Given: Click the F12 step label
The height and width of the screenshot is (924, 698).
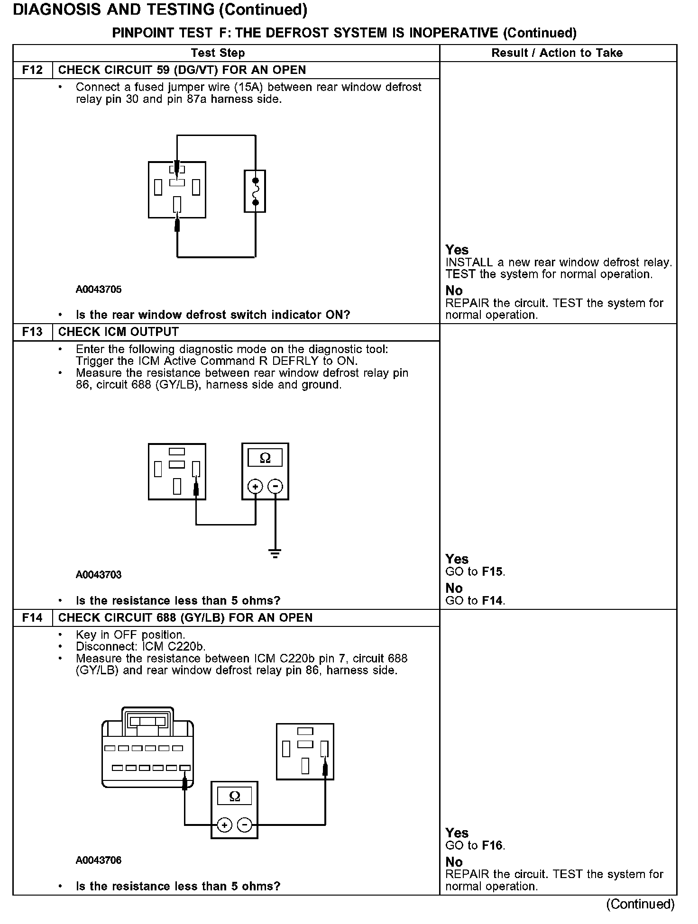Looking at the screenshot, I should pos(32,70).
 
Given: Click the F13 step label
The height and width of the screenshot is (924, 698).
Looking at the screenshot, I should pos(32,332).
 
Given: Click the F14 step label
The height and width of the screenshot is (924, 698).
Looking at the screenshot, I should pos(32,618).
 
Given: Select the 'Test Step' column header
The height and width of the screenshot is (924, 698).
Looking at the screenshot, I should pos(218,53).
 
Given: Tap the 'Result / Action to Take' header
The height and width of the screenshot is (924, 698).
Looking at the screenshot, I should pos(557,53).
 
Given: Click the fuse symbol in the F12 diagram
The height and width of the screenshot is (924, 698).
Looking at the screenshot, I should pos(255,191).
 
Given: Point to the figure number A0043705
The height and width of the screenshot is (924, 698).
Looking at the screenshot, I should pos(99,290).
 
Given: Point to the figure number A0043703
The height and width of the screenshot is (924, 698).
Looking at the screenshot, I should pos(99,575).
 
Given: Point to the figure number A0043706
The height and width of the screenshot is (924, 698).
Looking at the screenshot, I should pos(99,861).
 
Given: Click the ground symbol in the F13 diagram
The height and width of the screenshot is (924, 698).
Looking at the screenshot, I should pos(275,553).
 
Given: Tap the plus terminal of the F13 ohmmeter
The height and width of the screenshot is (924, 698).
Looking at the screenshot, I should pos(255,487).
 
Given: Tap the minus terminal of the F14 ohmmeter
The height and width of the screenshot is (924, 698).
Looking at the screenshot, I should pos(245,825).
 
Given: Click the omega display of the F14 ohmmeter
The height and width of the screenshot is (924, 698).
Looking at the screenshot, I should pos(234,797).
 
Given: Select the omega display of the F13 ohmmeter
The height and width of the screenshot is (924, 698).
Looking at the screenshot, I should pos(265,458).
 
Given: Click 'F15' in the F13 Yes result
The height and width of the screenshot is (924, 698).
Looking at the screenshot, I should pos(492,572).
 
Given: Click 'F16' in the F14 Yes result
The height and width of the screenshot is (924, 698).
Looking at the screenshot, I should pos(492,846).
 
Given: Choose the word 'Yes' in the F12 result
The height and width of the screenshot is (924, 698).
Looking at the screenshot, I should pos(457,250).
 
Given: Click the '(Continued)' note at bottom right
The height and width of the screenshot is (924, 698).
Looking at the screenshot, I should pos(640,904).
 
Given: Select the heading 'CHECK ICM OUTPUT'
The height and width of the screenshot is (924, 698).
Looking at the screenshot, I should pos(119,332).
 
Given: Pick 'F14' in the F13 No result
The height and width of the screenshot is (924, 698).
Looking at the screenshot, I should pos(492,601).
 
